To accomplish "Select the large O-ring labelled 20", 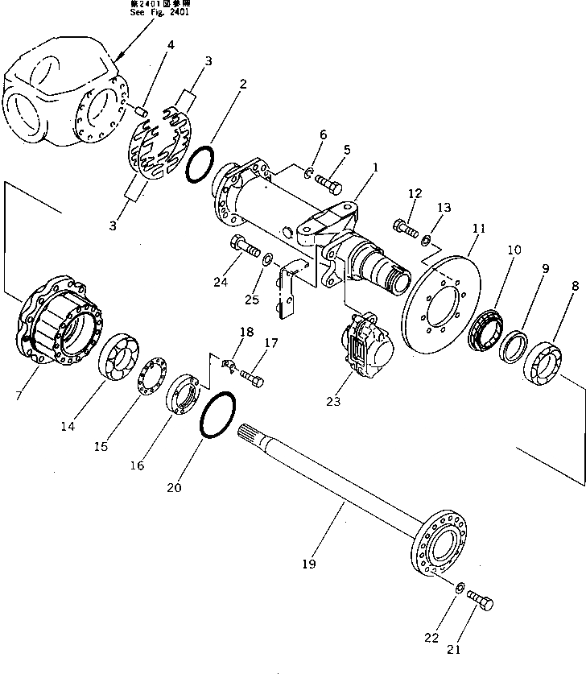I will tap(217, 416).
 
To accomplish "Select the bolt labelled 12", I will tap(406, 229).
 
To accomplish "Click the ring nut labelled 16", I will tap(183, 394).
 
